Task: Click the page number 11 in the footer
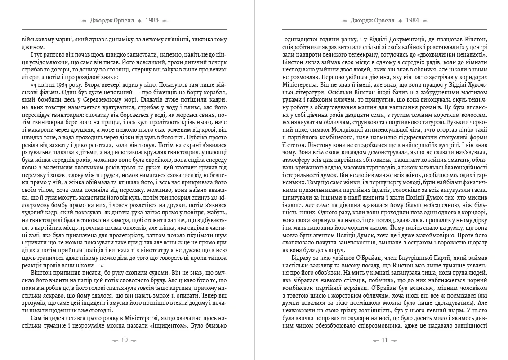(385, 340)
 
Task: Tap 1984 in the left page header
(152, 21)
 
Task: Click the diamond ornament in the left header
(140, 21)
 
